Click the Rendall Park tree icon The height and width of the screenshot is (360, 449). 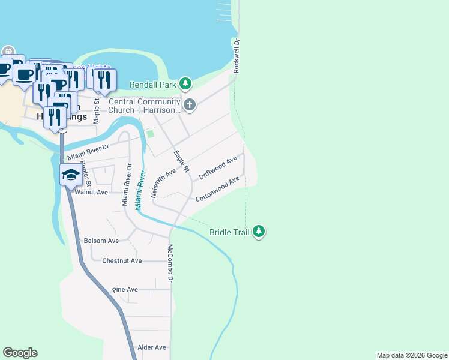click(x=186, y=82)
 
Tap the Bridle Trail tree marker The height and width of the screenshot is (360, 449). click(x=259, y=231)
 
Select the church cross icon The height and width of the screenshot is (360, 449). click(x=189, y=106)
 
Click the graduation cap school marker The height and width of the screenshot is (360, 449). click(x=71, y=176)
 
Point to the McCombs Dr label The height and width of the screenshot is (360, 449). click(x=170, y=263)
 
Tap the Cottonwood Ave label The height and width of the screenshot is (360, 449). click(x=217, y=188)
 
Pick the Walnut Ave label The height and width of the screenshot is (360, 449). click(x=91, y=192)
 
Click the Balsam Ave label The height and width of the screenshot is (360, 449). click(x=101, y=240)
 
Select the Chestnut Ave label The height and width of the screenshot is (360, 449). click(x=122, y=260)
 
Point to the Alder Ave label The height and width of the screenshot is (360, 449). click(x=152, y=347)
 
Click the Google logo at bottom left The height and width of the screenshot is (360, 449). click(x=20, y=353)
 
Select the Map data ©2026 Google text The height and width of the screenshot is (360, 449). click(x=412, y=355)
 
